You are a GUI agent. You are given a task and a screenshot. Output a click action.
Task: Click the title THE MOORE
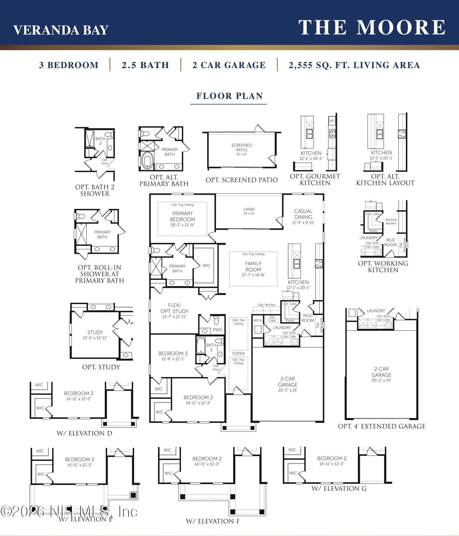(x=372, y=27)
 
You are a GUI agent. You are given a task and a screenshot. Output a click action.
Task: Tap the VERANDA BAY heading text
(x=61, y=30)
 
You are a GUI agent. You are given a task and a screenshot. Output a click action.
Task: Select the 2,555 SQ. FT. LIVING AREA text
(x=354, y=65)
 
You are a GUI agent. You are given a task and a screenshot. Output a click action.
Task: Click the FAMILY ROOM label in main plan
(x=253, y=266)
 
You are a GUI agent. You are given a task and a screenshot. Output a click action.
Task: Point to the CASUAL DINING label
(x=303, y=214)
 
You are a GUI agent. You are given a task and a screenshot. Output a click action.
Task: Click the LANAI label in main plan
(x=249, y=209)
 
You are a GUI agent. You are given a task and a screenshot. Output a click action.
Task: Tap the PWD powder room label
(x=217, y=330)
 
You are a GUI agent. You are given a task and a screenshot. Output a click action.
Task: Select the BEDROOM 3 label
(x=173, y=353)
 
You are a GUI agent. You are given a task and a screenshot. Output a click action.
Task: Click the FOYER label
(x=238, y=354)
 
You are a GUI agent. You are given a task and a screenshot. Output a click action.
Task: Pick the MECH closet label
(x=258, y=320)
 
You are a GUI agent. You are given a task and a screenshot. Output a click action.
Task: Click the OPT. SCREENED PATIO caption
(x=242, y=180)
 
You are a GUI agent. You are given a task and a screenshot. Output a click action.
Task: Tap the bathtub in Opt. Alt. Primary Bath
(x=147, y=161)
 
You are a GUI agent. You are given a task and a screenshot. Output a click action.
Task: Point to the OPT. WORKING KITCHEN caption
(x=383, y=267)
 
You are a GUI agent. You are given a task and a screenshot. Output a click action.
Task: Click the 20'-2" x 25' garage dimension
(x=381, y=380)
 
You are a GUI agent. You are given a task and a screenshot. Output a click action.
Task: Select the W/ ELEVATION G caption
(x=339, y=489)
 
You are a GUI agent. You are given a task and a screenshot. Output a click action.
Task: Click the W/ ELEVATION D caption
(x=84, y=433)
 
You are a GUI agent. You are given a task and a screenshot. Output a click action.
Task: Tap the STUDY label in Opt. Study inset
(x=95, y=332)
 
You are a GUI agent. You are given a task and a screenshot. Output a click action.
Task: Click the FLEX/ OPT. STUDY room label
(x=174, y=308)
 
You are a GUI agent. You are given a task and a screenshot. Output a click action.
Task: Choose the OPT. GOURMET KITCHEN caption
(x=315, y=180)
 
